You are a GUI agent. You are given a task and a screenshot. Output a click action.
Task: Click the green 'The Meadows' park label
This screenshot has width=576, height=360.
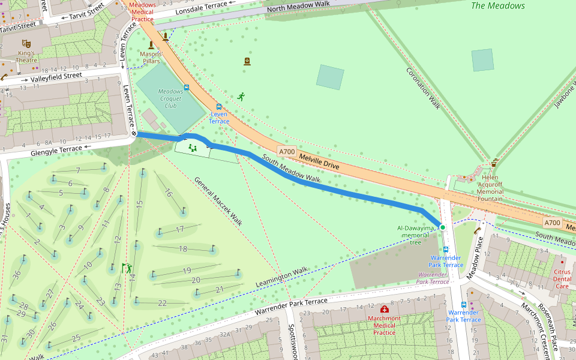498,6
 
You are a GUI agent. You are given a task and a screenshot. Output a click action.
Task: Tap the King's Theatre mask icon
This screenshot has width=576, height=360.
26,44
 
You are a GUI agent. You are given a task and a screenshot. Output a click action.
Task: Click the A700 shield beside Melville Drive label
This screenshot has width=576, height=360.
286,152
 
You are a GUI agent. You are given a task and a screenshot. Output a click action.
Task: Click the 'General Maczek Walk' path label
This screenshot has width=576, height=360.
218,201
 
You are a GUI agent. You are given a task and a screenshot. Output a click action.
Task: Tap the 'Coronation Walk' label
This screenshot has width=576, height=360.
424,88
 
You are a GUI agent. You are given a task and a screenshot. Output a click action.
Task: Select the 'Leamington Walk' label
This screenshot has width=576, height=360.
281,276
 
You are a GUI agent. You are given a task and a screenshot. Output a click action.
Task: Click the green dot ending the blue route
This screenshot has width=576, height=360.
442,227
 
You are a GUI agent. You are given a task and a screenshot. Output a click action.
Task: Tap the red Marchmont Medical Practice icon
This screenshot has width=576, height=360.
385,309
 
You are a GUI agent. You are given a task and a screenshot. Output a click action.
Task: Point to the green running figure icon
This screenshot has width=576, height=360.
241,96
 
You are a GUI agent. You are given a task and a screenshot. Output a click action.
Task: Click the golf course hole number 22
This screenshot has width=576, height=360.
162,303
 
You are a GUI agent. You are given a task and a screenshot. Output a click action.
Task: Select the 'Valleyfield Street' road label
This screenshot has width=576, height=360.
56,76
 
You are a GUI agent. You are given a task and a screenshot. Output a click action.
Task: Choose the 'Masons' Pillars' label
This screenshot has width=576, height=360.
150,58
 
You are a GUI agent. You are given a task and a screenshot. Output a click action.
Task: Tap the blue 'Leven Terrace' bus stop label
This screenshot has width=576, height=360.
219,118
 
